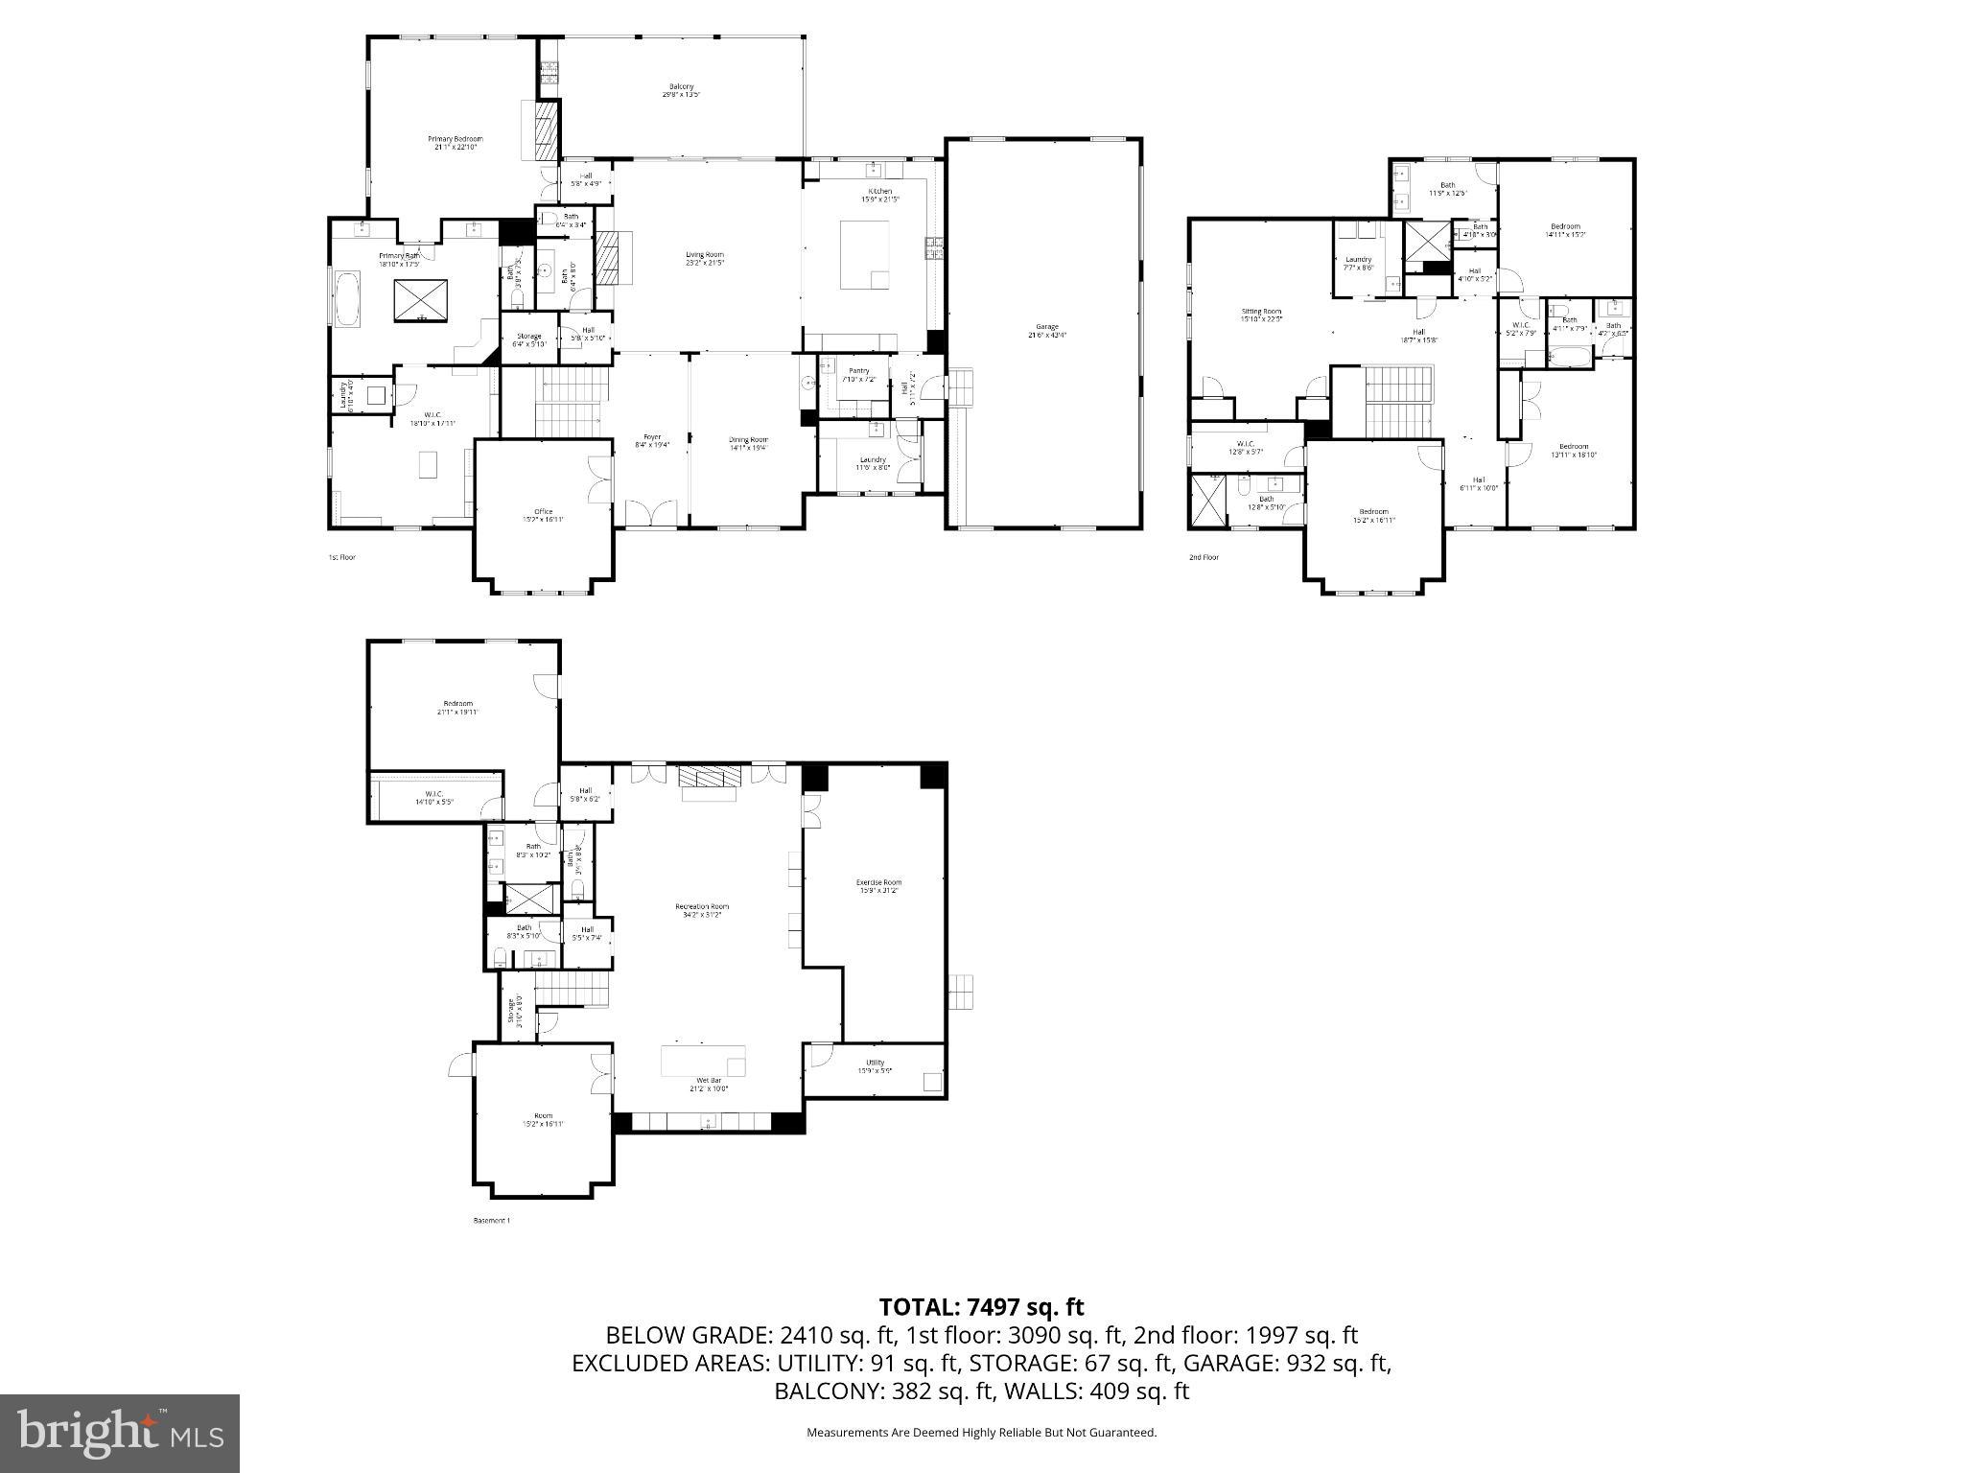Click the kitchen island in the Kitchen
(864, 254)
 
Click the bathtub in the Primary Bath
(346, 298)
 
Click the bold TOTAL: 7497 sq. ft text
(981, 1306)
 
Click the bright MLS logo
(120, 1433)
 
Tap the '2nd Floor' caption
(1204, 557)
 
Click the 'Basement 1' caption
(492, 1221)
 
